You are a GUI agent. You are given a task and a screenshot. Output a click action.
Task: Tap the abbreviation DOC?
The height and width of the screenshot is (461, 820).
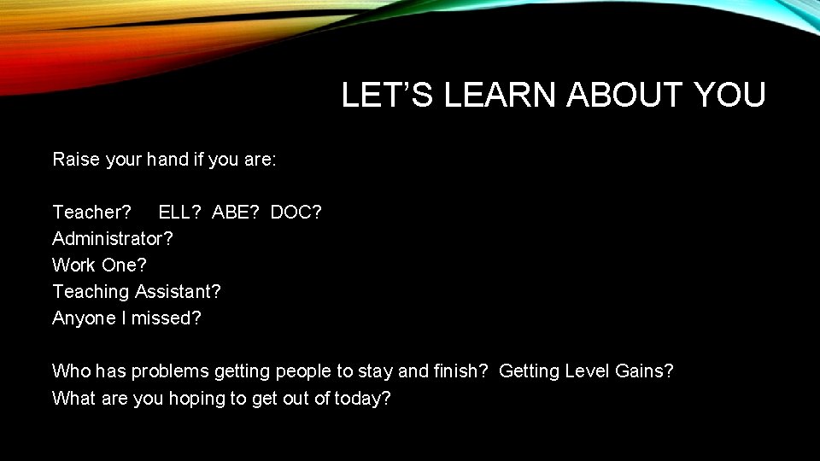(x=296, y=212)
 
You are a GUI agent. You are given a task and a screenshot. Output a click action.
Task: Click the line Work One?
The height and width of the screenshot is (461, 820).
(x=94, y=265)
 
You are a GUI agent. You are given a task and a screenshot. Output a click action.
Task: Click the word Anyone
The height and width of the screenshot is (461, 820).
(x=84, y=318)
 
